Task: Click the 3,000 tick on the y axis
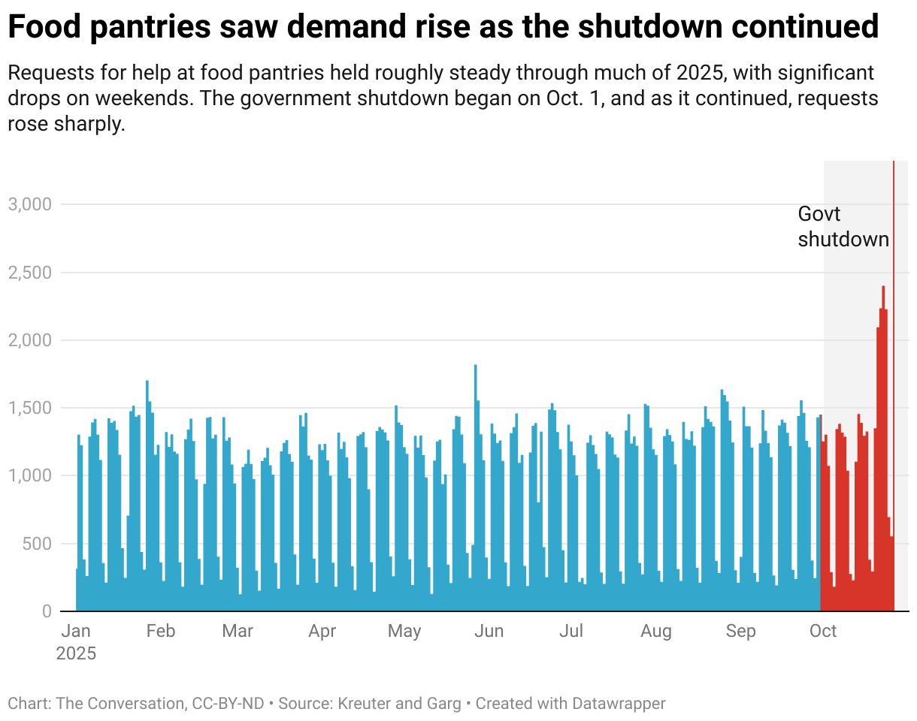click(x=29, y=204)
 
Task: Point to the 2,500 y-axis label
click(x=29, y=273)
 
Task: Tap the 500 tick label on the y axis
click(x=35, y=544)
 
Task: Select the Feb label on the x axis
click(x=161, y=631)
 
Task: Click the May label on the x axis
click(x=404, y=631)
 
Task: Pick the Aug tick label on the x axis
click(x=656, y=631)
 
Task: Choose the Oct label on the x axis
click(x=823, y=631)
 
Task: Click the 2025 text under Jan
click(x=76, y=653)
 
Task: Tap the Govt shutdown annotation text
click(x=843, y=227)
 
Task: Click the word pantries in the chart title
click(x=129, y=28)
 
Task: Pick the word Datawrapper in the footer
click(x=619, y=704)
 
